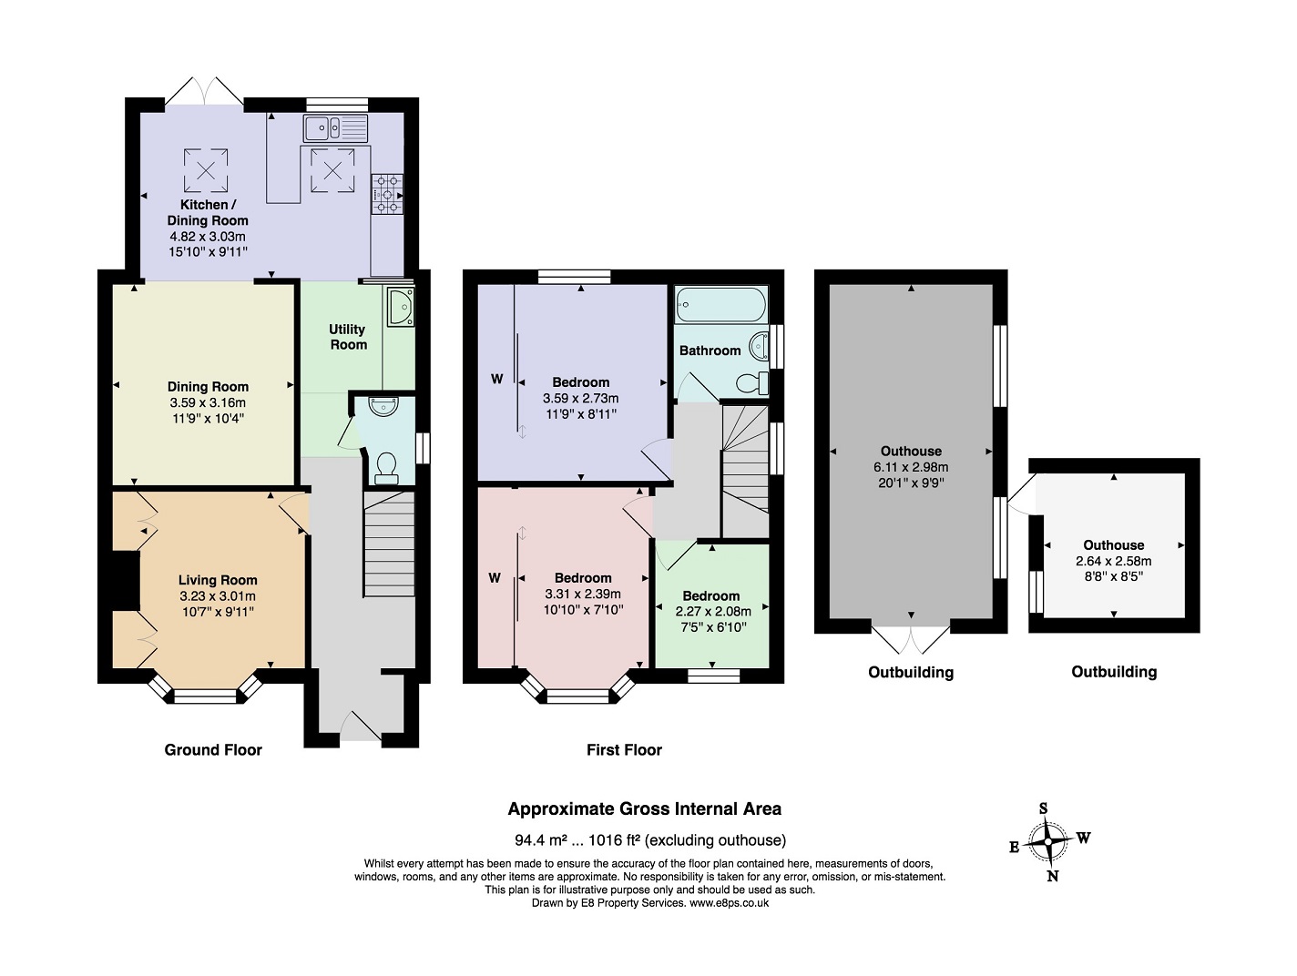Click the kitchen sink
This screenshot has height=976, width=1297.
(x=335, y=128)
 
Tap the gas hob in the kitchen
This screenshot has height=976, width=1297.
(x=387, y=193)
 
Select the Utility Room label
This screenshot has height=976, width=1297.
(x=348, y=337)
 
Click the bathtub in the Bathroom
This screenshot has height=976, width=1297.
(x=720, y=304)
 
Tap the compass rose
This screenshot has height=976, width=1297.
(x=1049, y=842)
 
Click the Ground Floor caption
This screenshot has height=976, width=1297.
(x=213, y=749)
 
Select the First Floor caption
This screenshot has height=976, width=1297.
(x=624, y=749)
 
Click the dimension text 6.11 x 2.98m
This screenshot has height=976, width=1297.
(x=911, y=467)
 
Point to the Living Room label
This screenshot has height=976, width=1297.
(x=218, y=580)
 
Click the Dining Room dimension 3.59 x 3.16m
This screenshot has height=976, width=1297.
(x=208, y=402)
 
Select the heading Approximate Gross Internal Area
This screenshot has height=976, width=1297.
(x=644, y=808)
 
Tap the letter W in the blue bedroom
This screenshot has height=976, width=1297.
(x=497, y=380)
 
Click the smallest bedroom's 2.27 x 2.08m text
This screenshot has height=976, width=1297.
(x=713, y=612)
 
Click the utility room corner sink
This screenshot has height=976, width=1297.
(x=399, y=307)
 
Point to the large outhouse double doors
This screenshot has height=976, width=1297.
(x=911, y=637)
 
